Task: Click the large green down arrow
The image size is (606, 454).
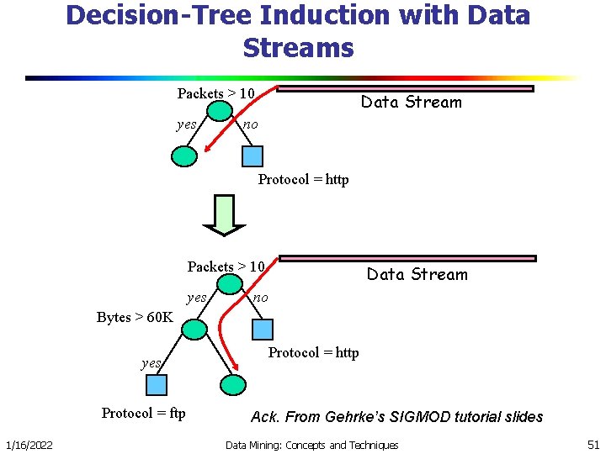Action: [224, 215]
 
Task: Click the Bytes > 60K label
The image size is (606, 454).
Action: [135, 317]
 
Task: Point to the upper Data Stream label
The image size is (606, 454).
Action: [412, 103]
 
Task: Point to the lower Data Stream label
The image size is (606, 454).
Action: [417, 275]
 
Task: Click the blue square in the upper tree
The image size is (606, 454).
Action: [252, 156]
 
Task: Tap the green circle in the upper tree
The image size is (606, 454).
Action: [184, 156]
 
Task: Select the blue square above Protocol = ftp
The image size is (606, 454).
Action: [157, 385]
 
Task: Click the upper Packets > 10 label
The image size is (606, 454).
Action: [215, 93]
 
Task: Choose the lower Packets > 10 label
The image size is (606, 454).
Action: [226, 267]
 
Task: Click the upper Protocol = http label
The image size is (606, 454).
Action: [303, 179]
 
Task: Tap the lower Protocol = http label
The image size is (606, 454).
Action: [313, 352]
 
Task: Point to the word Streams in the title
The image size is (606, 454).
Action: [298, 47]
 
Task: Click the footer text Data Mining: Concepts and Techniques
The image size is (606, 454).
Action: [311, 445]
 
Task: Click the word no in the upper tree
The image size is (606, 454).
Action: [250, 125]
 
